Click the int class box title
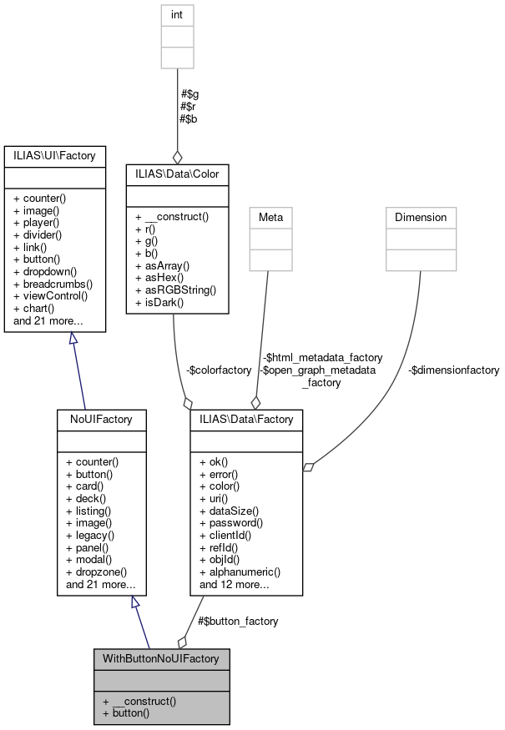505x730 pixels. tap(177, 14)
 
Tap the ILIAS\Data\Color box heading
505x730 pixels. tap(177, 174)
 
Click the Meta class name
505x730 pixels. tap(270, 217)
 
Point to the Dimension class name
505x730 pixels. tap(421, 217)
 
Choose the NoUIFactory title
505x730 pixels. tap(101, 419)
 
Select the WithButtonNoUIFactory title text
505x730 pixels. tap(161, 658)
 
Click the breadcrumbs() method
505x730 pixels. tap(53, 284)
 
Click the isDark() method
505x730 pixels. tap(162, 301)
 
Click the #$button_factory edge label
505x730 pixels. tap(238, 621)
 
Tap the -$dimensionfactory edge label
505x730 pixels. tap(454, 370)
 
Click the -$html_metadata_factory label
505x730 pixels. tap(321, 357)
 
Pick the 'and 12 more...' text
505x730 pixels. tap(234, 584)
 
